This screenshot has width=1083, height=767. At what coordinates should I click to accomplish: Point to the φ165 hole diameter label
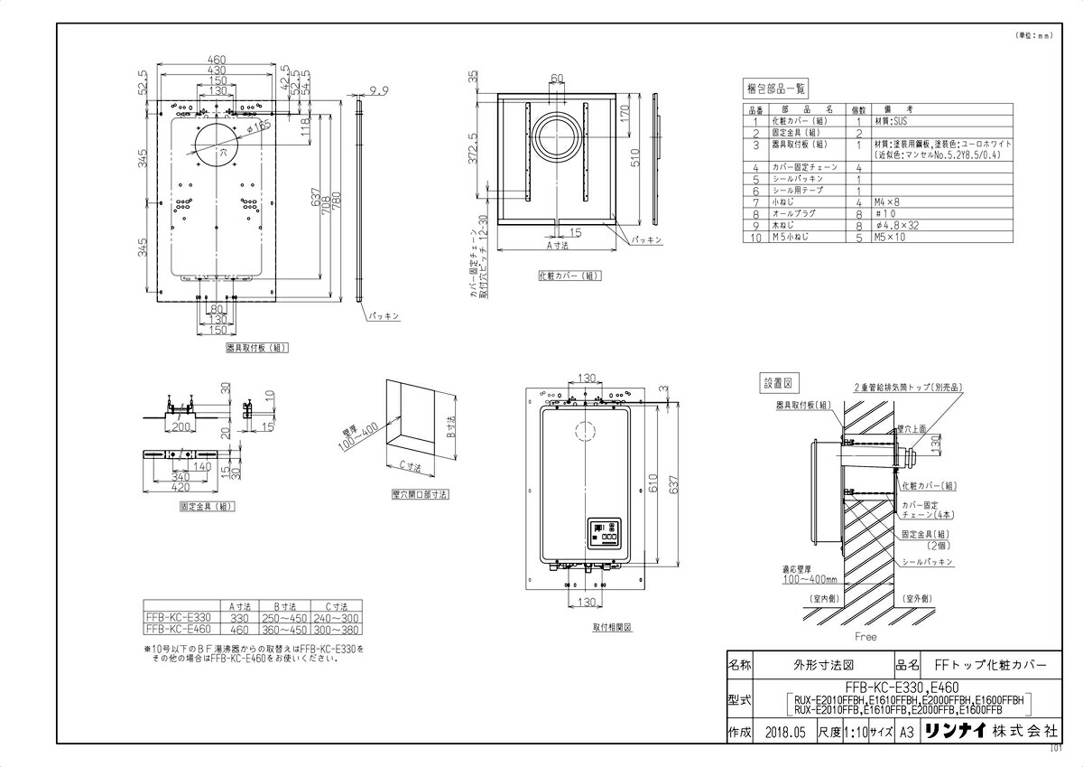click(x=258, y=128)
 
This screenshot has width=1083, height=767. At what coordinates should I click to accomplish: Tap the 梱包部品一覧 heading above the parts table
click(x=775, y=89)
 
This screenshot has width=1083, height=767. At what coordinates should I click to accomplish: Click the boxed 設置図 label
click(x=775, y=383)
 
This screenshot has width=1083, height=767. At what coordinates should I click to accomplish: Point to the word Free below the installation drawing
click(x=865, y=636)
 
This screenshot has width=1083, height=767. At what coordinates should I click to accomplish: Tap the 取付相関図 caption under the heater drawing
click(x=611, y=625)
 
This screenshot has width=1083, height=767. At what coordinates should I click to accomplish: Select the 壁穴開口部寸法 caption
click(x=414, y=494)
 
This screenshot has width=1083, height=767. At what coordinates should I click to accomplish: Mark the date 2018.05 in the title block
click(x=783, y=732)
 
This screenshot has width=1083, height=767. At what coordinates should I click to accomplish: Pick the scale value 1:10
click(x=856, y=732)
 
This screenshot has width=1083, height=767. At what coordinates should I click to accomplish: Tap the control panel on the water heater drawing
click(x=605, y=533)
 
